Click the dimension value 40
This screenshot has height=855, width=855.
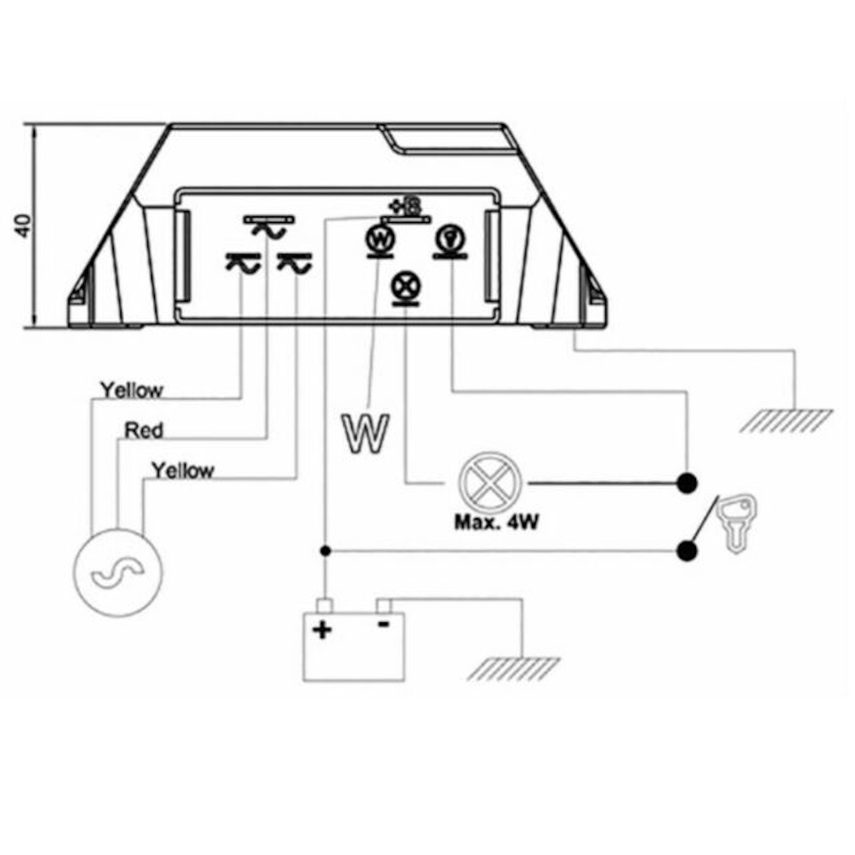[23, 226]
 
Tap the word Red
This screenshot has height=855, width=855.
[144, 431]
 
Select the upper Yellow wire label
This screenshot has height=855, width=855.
[132, 391]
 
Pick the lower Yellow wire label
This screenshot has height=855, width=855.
[183, 470]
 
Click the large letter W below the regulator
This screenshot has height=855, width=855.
[365, 433]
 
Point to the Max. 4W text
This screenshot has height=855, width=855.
[496, 522]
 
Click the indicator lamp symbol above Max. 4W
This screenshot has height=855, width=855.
[490, 482]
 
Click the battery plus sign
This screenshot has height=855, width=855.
[322, 630]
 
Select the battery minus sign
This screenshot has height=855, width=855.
[384, 624]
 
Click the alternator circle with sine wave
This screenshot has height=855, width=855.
[118, 573]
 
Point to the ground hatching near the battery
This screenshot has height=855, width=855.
[514, 669]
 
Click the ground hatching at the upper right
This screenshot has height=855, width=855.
[787, 421]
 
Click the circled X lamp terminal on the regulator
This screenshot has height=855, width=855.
[405, 286]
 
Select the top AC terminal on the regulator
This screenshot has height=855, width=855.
[268, 227]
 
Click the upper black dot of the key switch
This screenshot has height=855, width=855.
[687, 483]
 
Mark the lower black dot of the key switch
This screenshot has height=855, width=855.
[687, 551]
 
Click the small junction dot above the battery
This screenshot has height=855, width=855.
[326, 551]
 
